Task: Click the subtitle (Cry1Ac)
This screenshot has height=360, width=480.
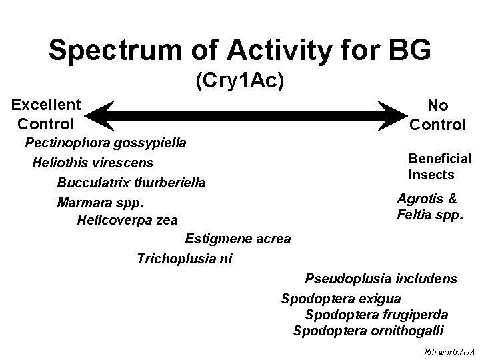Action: [x=240, y=81]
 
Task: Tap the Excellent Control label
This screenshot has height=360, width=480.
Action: [x=46, y=114]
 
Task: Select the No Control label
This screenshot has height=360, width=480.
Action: [x=437, y=115]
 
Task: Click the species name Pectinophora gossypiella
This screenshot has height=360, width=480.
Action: [x=105, y=143]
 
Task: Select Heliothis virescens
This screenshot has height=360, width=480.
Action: [x=93, y=163]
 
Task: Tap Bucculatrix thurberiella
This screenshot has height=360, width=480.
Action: [x=131, y=183]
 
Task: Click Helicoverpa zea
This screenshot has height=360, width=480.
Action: [x=127, y=220]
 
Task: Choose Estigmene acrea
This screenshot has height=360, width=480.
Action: [x=238, y=239]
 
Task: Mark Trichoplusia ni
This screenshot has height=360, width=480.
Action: [x=185, y=259]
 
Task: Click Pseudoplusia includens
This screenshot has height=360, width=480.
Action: [x=381, y=279]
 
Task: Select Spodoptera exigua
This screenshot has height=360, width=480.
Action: [x=341, y=298]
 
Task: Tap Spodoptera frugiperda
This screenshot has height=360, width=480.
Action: [x=377, y=314]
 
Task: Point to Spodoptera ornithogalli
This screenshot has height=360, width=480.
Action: [x=369, y=331]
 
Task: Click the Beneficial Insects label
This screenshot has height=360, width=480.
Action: [x=439, y=167]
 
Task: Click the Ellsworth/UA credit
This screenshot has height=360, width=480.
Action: [x=449, y=351]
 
